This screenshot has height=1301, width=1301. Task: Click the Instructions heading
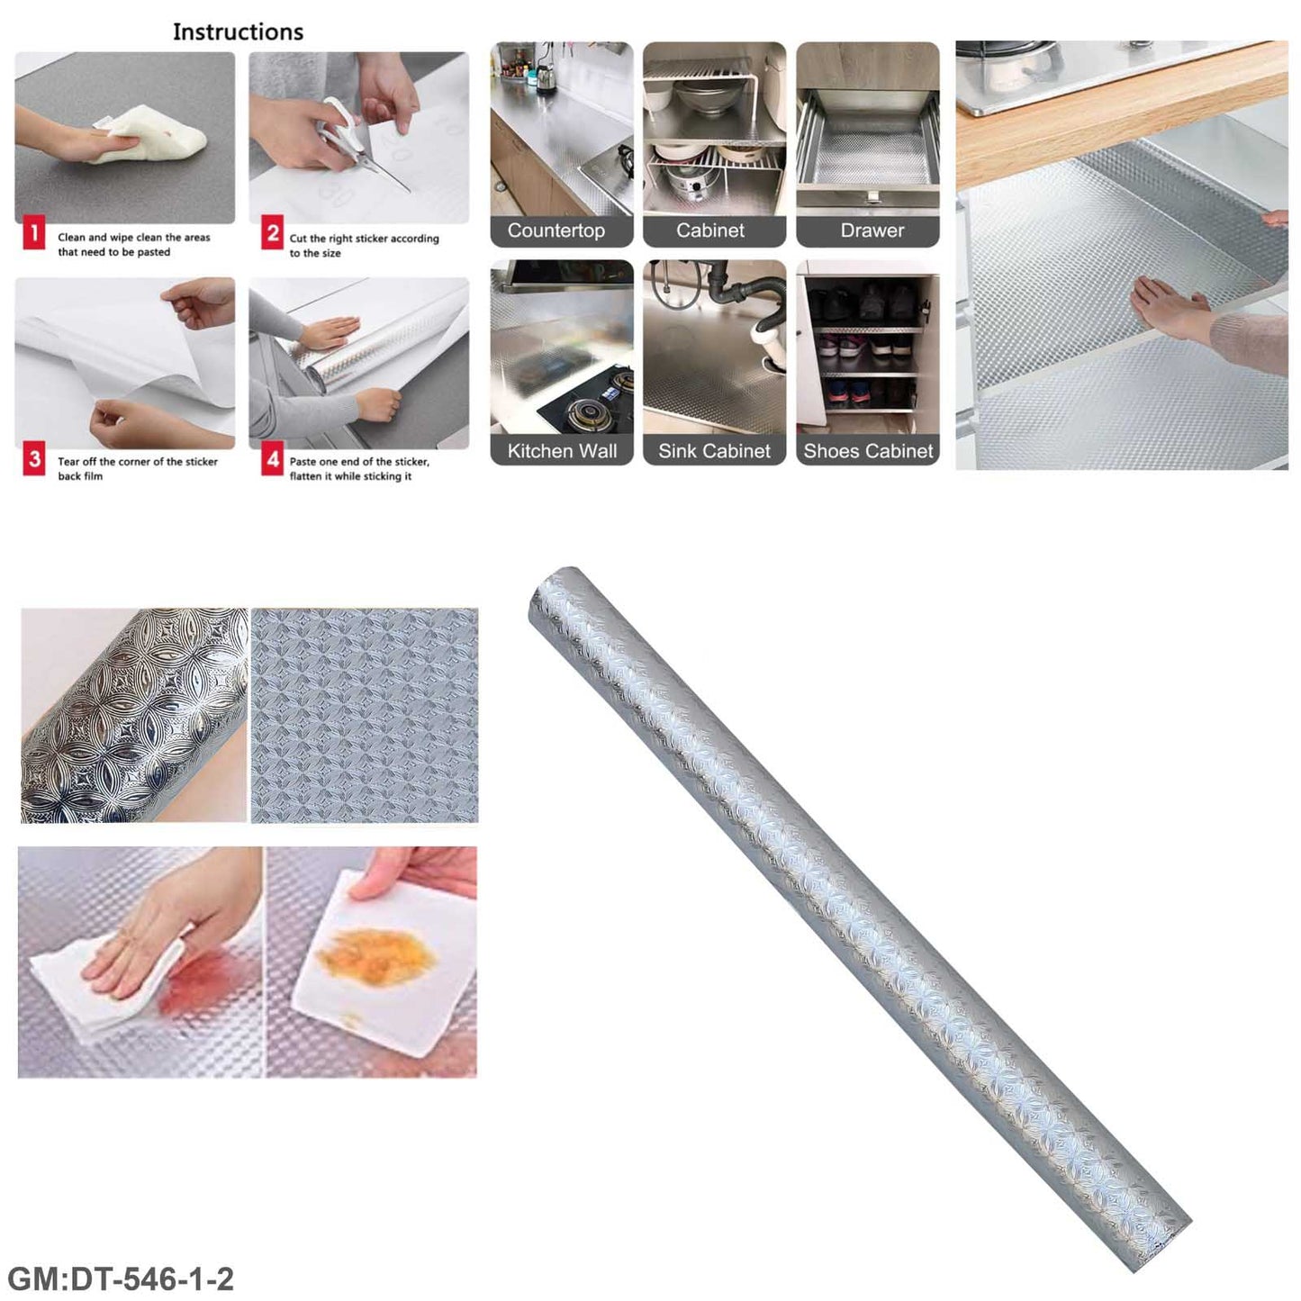click(x=238, y=32)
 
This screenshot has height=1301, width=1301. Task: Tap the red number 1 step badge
click(x=33, y=234)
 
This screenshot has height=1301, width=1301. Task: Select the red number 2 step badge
click(x=272, y=234)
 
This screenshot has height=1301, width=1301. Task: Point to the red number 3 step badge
click(x=33, y=460)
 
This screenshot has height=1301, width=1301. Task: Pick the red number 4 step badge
click(x=272, y=460)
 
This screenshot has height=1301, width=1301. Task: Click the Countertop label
click(x=556, y=230)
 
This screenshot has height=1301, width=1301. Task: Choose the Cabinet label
click(x=710, y=230)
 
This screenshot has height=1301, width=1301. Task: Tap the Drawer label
click(x=872, y=230)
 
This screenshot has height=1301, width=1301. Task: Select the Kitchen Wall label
click(x=562, y=451)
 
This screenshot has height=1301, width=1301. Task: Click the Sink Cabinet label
click(x=714, y=451)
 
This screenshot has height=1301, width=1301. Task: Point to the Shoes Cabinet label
click(x=868, y=451)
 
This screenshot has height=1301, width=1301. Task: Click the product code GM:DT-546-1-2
click(x=121, y=1278)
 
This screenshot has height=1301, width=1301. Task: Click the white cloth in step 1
click(x=152, y=134)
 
